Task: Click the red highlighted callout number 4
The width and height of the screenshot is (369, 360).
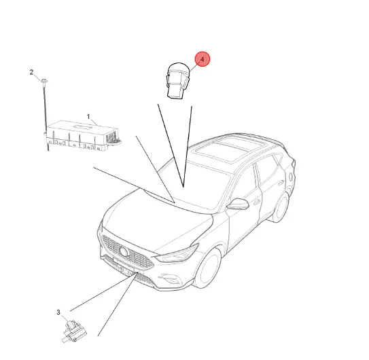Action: tap(202, 59)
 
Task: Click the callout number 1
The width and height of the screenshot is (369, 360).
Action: tap(88, 116)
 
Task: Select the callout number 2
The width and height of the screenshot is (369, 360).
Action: tap(31, 72)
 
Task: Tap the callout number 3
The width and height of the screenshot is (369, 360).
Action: tap(58, 312)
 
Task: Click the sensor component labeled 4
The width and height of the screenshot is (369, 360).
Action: tap(178, 81)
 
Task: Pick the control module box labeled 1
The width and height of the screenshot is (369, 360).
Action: tap(82, 136)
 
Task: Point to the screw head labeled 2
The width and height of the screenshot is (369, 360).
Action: tap(44, 81)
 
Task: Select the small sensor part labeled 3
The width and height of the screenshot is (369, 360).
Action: tap(73, 331)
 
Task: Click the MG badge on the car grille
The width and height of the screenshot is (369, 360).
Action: tap(123, 251)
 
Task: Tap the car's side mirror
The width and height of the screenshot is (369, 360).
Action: tap(238, 204)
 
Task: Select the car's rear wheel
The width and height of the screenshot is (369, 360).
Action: tap(281, 207)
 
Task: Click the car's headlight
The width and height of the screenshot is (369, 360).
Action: tap(177, 253)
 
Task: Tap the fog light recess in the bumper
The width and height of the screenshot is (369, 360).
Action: tap(172, 279)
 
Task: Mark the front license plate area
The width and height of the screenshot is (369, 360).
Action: tap(122, 266)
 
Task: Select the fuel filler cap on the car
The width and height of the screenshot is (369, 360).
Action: tap(291, 177)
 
